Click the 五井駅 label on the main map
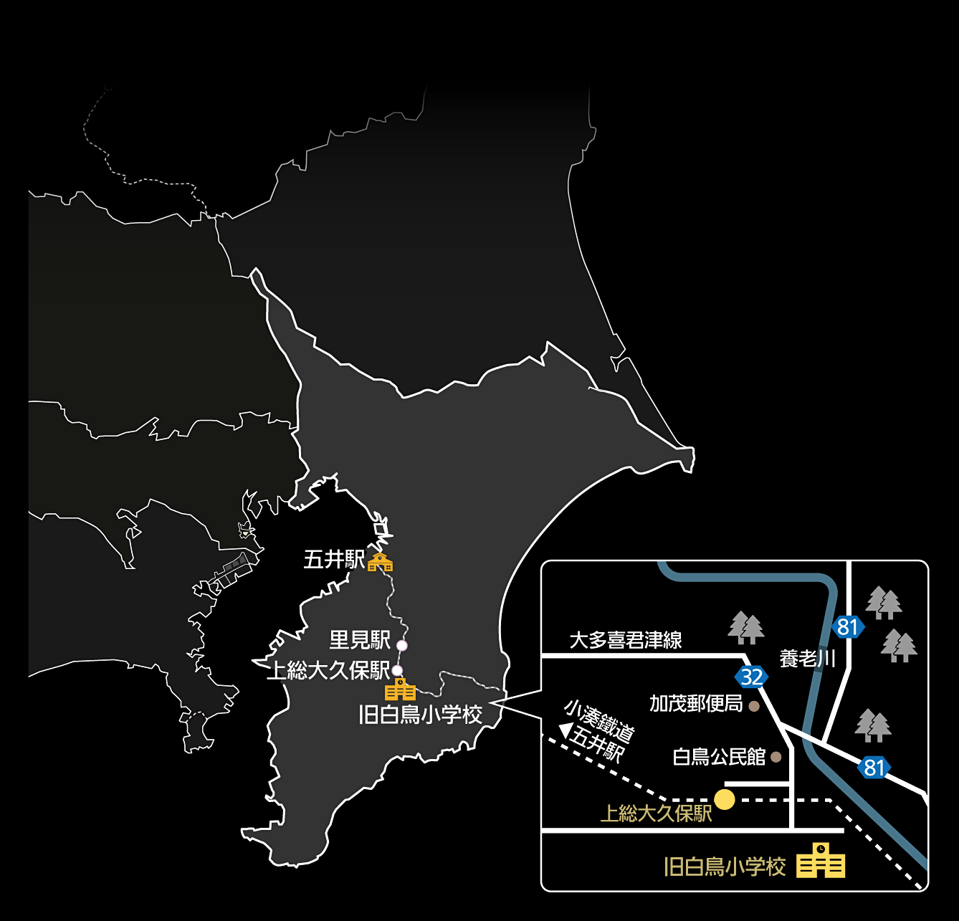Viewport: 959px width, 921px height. pyautogui.click(x=333, y=560)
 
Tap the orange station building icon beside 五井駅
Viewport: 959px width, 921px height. pyautogui.click(x=381, y=562)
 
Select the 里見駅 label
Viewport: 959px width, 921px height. pyautogui.click(x=360, y=640)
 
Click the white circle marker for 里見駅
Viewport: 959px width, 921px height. pyautogui.click(x=402, y=645)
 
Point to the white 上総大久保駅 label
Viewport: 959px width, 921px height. pyautogui.click(x=328, y=670)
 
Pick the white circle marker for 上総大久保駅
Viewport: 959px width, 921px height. pyautogui.click(x=396, y=670)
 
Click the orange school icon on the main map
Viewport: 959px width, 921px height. pyautogui.click(x=400, y=689)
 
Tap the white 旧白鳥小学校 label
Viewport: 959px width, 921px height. pyautogui.click(x=420, y=715)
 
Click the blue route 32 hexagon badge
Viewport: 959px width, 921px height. pyautogui.click(x=752, y=677)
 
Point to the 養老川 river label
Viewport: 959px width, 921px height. pyautogui.click(x=807, y=659)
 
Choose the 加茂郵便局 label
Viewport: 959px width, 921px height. pyautogui.click(x=696, y=704)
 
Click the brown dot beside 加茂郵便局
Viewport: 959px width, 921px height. pyautogui.click(x=754, y=706)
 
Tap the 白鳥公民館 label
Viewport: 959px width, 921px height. pyautogui.click(x=719, y=757)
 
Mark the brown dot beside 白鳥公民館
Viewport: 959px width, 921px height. pyautogui.click(x=776, y=757)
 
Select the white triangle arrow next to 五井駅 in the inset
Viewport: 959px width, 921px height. pyautogui.click(x=566, y=730)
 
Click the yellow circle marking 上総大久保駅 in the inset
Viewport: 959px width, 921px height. pyautogui.click(x=725, y=799)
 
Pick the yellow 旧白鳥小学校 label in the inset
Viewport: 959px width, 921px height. pyautogui.click(x=725, y=867)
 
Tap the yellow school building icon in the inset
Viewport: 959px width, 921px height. pyautogui.click(x=821, y=860)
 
